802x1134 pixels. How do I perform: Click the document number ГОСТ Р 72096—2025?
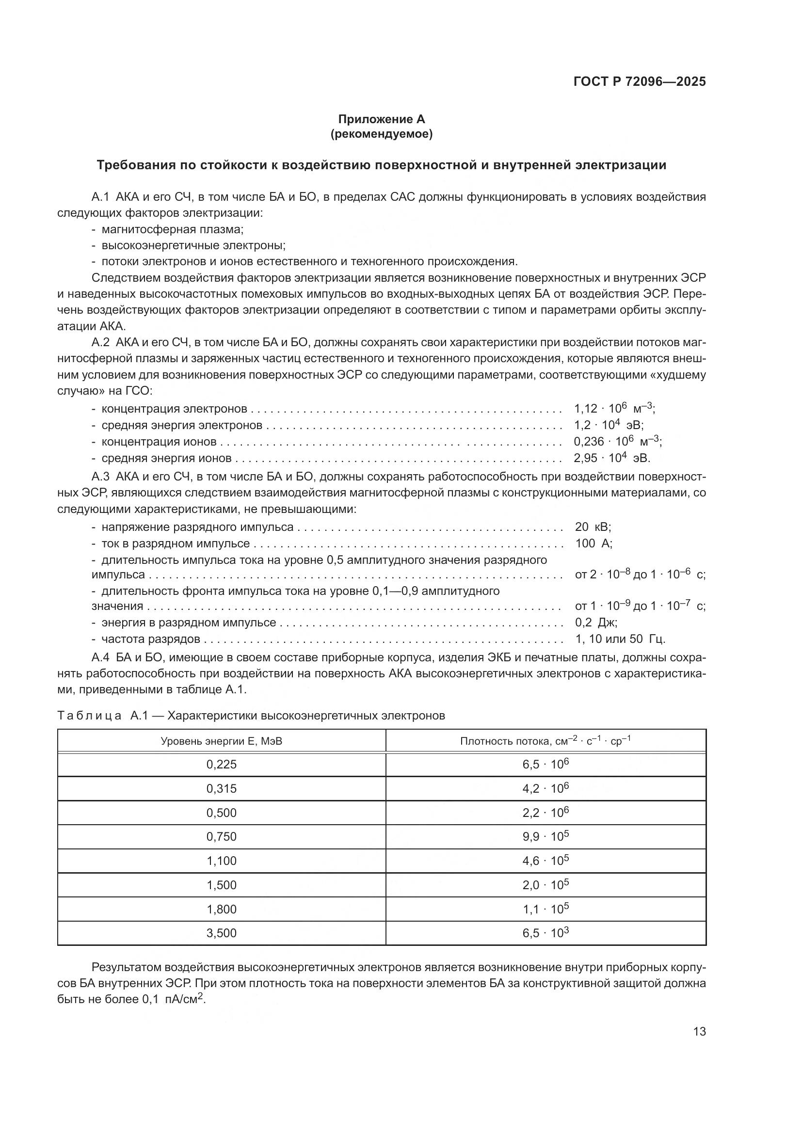[x=640, y=81]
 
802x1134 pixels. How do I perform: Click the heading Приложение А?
[x=381, y=119]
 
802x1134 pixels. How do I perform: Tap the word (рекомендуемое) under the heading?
[x=381, y=134]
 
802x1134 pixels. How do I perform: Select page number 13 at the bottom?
[x=699, y=1032]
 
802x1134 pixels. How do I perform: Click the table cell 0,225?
[x=221, y=764]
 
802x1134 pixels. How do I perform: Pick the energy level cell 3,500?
[x=221, y=932]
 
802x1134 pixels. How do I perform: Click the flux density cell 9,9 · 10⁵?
[x=545, y=836]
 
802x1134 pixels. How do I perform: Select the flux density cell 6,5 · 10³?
[x=545, y=932]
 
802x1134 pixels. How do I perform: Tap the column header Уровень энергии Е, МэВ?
[x=221, y=741]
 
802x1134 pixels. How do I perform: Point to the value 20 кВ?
[x=593, y=527]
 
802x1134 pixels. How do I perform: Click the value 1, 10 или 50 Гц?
[x=620, y=639]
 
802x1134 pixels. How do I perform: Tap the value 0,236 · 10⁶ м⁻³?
[x=617, y=441]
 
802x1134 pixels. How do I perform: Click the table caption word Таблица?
[x=89, y=716]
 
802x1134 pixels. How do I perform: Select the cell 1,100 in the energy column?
[x=221, y=861]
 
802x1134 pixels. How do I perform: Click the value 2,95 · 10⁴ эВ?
[x=611, y=458]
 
